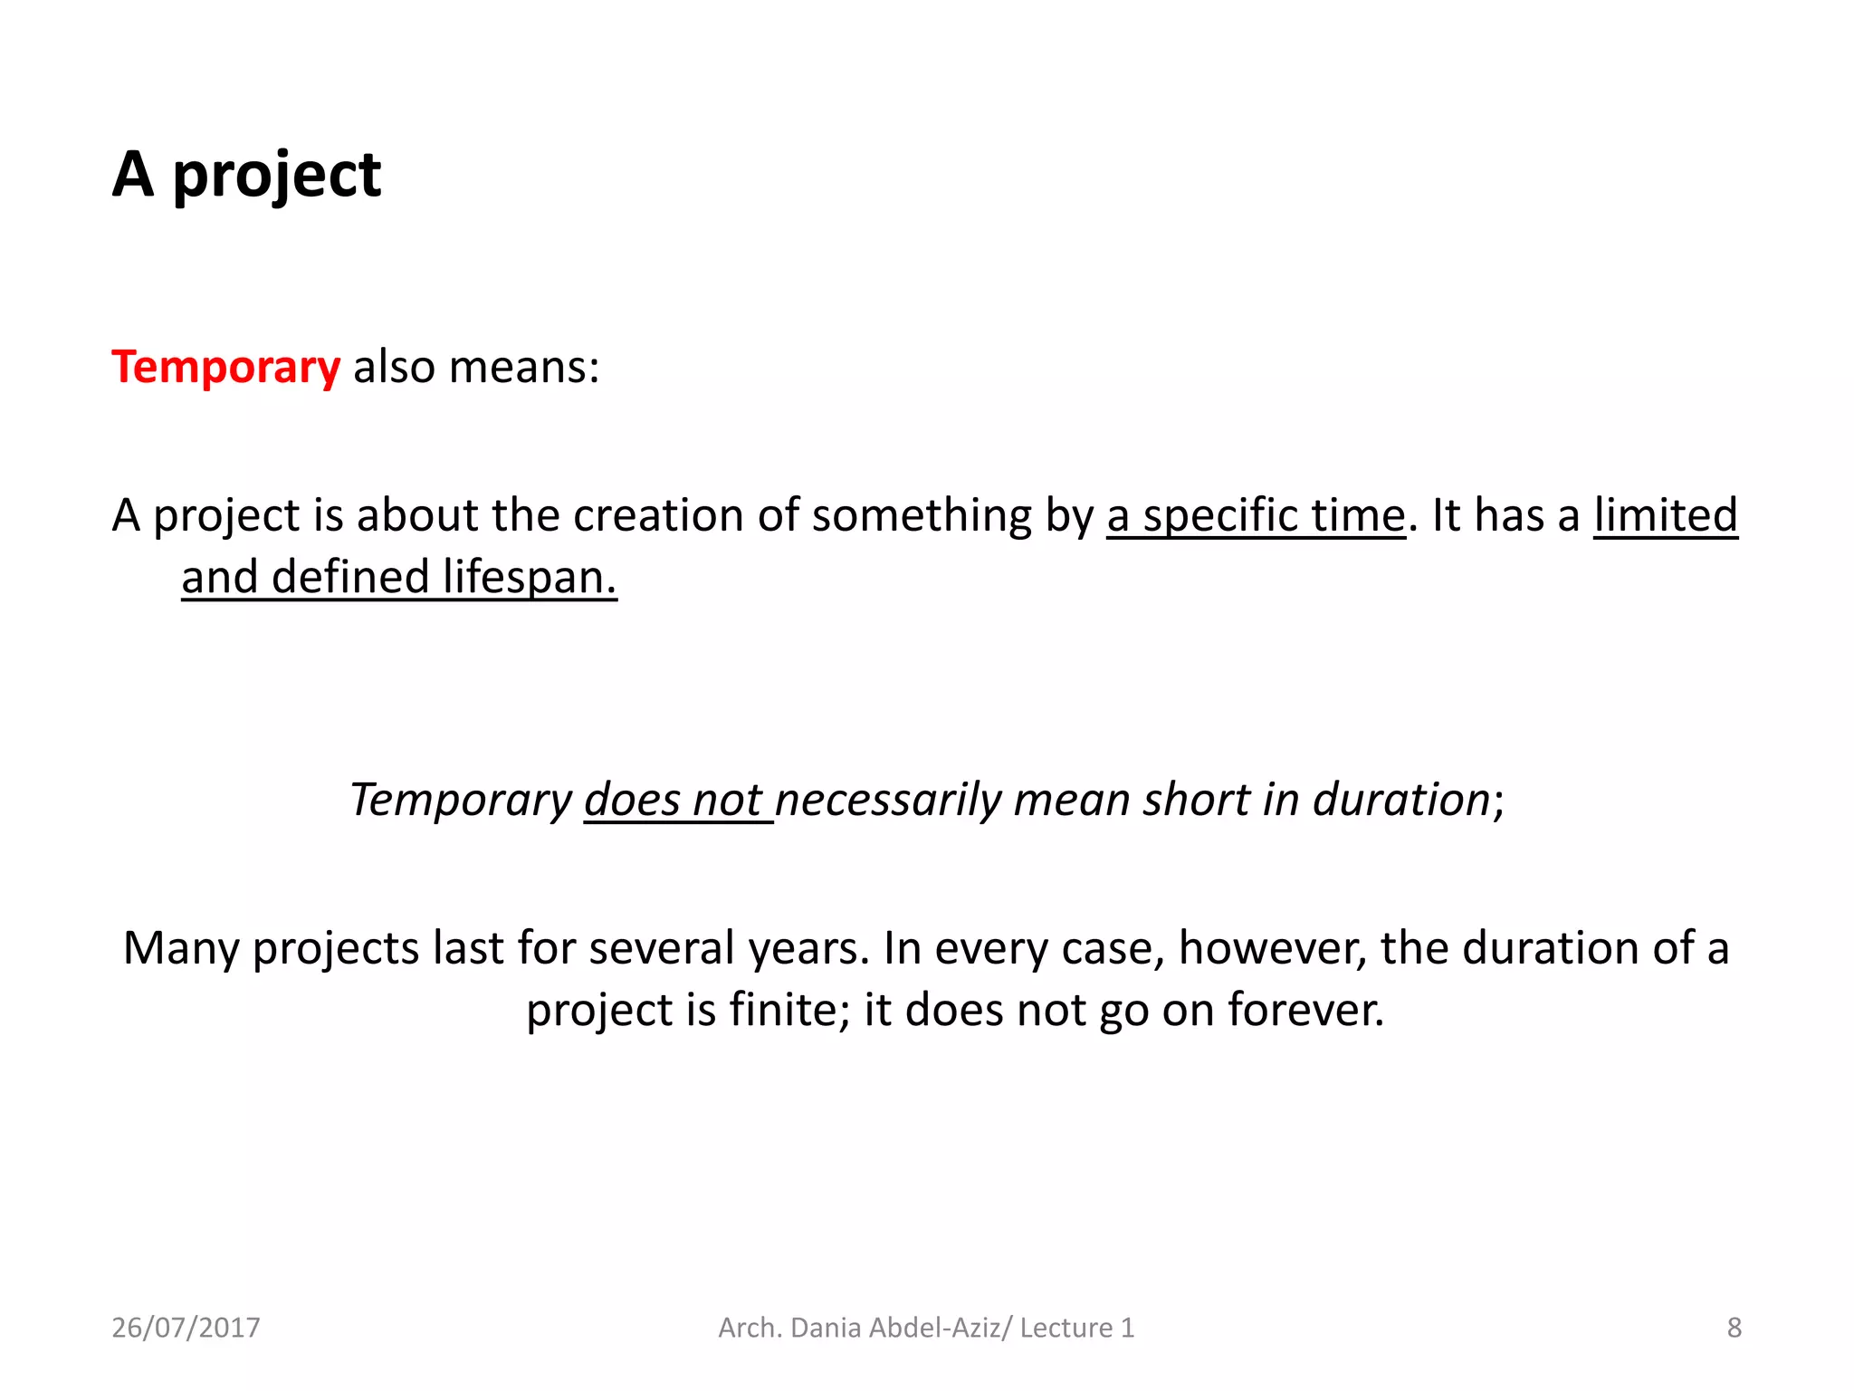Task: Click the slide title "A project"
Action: click(246, 175)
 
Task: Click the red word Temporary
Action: click(225, 368)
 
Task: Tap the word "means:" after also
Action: click(524, 368)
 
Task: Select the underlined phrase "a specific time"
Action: click(1256, 515)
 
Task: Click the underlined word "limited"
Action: click(1665, 515)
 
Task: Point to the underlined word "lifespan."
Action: click(530, 577)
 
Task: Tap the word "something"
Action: click(921, 515)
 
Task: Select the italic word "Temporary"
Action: click(461, 800)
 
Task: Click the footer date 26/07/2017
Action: click(186, 1328)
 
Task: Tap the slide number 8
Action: click(1734, 1328)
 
